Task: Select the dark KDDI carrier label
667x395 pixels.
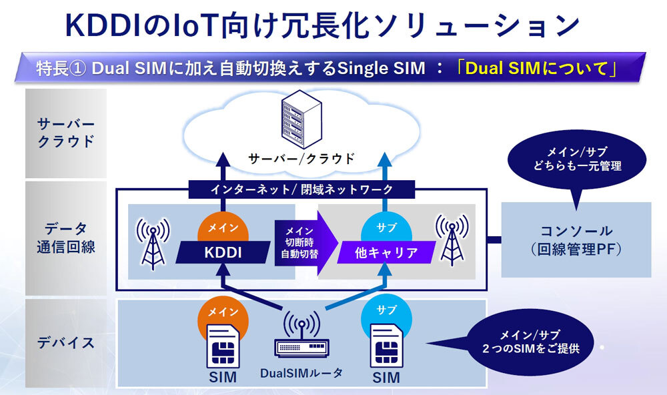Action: (222, 254)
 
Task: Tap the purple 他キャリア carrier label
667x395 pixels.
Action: (386, 254)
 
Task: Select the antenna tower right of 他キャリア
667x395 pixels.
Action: (452, 240)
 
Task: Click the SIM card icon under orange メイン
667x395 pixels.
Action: (222, 346)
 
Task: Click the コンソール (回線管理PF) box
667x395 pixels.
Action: (576, 240)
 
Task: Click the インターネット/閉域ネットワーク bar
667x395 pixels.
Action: (301, 189)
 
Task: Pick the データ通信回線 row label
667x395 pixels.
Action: (66, 238)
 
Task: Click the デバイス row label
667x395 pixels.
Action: (66, 343)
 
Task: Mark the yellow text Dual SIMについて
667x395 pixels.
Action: (537, 68)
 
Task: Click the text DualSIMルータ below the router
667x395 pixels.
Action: (301, 374)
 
